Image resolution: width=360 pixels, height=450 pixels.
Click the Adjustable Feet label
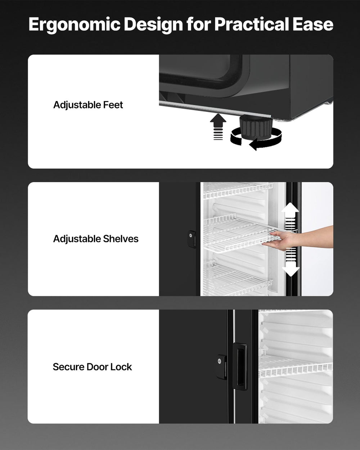88,105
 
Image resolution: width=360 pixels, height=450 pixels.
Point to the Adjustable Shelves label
96,239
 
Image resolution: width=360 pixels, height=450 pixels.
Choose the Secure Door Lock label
92,367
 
